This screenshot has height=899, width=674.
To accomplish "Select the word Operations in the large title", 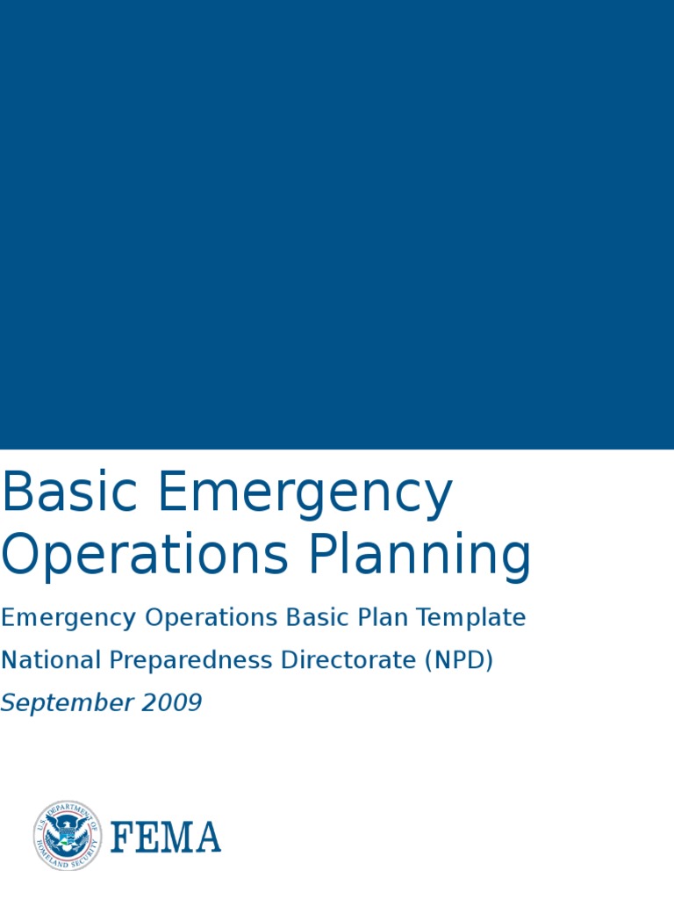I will [144, 557].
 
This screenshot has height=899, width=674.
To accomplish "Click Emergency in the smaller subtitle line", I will [69, 619].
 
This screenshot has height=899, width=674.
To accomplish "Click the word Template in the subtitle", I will [471, 619].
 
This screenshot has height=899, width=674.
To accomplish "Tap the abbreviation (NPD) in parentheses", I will [459, 661].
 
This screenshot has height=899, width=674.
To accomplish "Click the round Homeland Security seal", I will [68, 836].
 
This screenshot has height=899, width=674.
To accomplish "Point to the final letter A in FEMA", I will [208, 838].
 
